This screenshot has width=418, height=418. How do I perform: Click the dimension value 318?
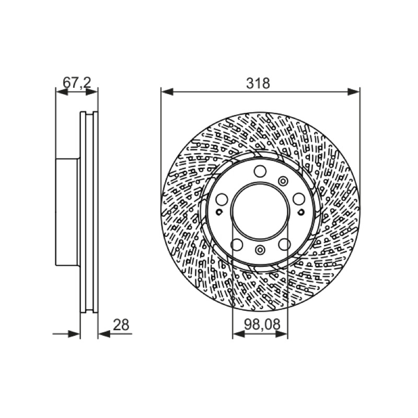tap(258, 83)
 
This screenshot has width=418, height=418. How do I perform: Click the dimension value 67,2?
tap(77, 83)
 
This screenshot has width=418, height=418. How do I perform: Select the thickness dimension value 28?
tap(121, 324)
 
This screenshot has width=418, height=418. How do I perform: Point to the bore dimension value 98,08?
tap(262, 324)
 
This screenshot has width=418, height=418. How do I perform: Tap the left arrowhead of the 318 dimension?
tap(167, 92)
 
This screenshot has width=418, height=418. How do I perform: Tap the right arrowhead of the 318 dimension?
tap(354, 92)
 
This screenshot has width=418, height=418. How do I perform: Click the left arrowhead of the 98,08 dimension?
tap(239, 334)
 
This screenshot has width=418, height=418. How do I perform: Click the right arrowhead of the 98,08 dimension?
tap(282, 334)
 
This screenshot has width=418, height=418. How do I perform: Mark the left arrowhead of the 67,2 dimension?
tap(62, 92)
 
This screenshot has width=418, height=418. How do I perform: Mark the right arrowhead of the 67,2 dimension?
tap(92, 92)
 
